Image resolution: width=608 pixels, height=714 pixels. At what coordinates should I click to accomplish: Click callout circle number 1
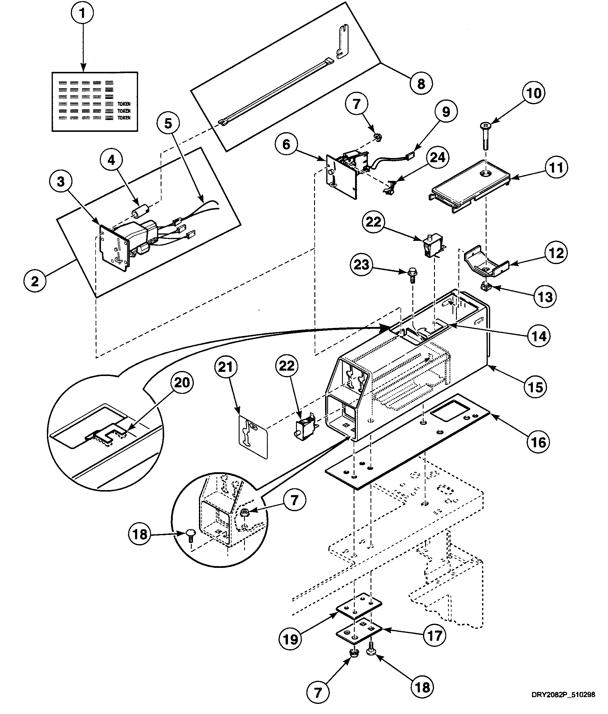[82, 13]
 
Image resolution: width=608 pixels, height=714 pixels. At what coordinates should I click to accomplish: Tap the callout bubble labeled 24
[438, 158]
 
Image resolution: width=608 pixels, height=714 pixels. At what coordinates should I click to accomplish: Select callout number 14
[539, 336]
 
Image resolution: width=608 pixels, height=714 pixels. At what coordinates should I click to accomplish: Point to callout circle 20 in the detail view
[182, 382]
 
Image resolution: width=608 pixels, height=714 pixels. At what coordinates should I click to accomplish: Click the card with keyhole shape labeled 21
[253, 437]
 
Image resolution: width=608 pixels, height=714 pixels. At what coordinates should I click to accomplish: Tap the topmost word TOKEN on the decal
[124, 104]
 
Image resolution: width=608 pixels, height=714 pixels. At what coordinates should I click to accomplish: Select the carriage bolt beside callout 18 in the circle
[191, 536]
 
